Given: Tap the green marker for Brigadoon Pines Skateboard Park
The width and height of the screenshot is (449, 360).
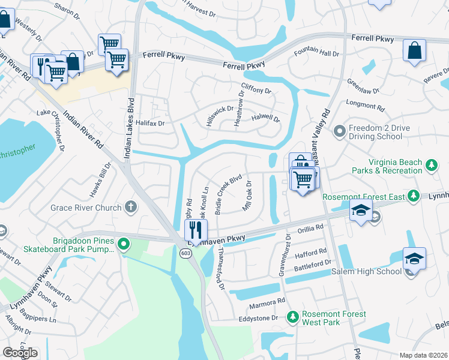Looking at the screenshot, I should click(x=123, y=244).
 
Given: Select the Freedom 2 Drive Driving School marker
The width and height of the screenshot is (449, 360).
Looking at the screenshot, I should click(x=339, y=130).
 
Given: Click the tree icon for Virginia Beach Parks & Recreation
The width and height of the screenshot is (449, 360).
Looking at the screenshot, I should click(x=430, y=165).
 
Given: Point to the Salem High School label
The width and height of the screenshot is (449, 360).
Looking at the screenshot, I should click(x=366, y=272).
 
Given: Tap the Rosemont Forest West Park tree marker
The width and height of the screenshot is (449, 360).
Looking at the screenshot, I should click(x=293, y=316).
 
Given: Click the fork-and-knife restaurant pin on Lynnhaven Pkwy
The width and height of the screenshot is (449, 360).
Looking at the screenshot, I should click(x=195, y=230).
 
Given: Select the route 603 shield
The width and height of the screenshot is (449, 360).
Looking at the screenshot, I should click(x=185, y=254).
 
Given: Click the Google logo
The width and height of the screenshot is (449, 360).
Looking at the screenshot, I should click(x=20, y=353).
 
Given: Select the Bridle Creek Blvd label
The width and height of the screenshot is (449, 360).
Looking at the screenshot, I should click(x=228, y=194).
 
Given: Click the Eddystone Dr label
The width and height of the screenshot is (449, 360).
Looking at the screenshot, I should click(x=260, y=318).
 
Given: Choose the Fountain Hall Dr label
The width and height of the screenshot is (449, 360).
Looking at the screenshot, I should click(x=316, y=53).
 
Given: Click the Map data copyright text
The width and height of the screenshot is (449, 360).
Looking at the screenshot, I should click(x=423, y=355).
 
